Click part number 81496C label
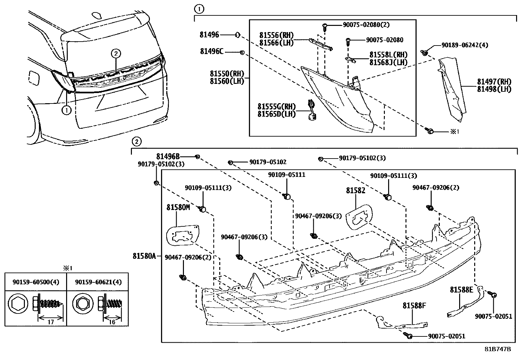click(212, 51)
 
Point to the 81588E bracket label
click(461, 290)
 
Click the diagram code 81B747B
click(497, 349)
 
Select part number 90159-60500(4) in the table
click(36, 282)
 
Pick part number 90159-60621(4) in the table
click(98, 282)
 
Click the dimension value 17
click(50, 322)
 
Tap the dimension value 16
click(112, 322)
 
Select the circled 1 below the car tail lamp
click(66, 110)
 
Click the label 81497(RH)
click(494, 82)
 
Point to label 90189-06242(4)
click(465, 45)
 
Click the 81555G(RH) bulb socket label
click(277, 106)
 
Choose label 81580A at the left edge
click(144, 256)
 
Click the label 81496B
click(168, 157)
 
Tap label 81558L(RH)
click(388, 55)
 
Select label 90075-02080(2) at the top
click(366, 25)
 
